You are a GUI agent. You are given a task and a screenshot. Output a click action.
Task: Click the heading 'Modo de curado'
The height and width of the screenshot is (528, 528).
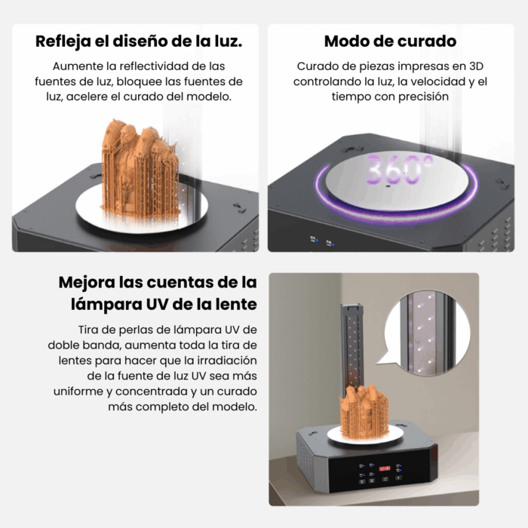click(x=390, y=41)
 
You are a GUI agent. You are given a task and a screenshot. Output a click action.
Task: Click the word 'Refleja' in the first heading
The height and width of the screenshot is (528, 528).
click(x=64, y=41)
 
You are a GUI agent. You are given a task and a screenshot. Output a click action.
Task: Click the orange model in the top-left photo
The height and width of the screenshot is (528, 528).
click(x=140, y=162)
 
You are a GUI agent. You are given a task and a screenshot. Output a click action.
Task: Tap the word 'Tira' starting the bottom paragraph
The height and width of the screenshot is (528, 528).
click(x=90, y=330)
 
